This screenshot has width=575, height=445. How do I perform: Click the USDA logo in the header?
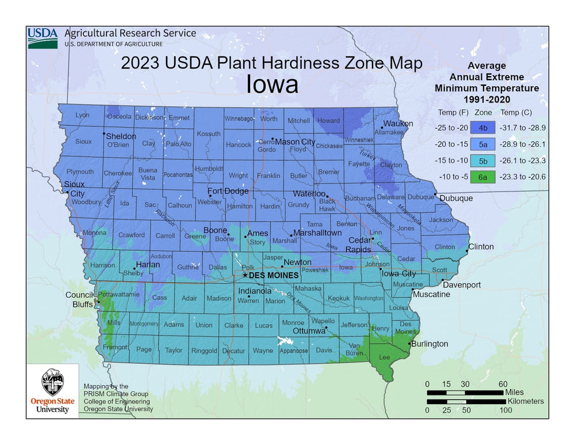tap(43, 38)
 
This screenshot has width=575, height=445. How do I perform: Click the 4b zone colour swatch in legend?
tap(483, 128)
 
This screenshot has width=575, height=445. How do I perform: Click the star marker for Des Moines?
tap(245, 275)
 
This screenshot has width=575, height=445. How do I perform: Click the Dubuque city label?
tap(456, 198)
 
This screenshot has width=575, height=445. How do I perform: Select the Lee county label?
tap(384, 357)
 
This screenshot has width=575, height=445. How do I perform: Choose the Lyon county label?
tap(82, 115)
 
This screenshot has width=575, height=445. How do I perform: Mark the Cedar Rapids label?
tap(358, 245)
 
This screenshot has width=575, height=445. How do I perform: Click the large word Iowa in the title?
tap(272, 85)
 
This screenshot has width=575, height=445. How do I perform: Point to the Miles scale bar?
tap(465, 393)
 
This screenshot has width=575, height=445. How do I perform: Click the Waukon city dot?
tap(382, 128)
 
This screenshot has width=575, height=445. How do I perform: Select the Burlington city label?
tap(429, 344)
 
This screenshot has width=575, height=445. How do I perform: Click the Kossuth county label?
tap(209, 134)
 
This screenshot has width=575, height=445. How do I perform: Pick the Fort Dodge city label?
tap(228, 191)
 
